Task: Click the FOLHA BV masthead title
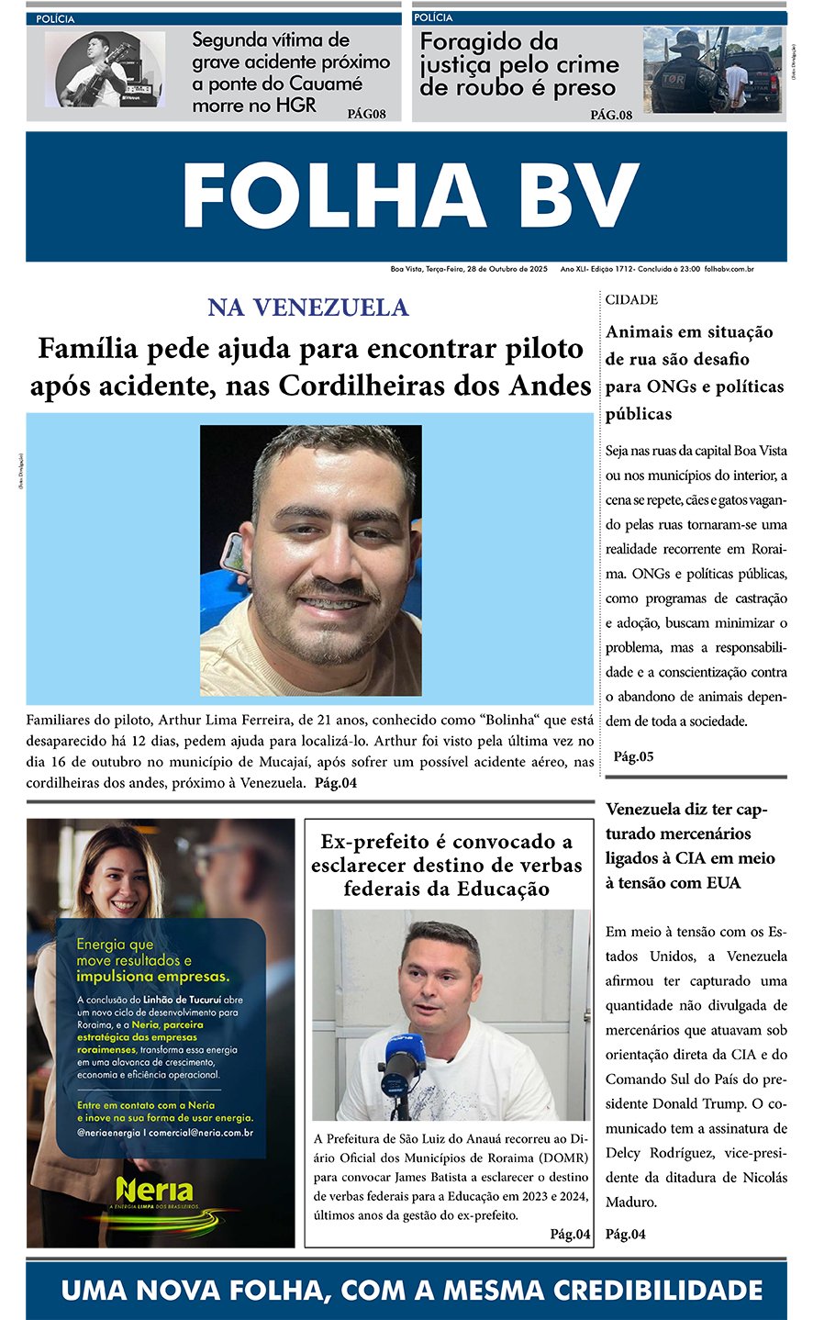coord(410,196)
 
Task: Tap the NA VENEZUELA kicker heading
coord(308,308)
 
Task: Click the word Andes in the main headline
coord(548,386)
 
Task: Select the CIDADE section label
coord(631,300)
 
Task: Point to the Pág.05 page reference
coord(633,756)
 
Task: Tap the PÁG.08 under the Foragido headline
coord(611,115)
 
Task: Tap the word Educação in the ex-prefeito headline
coord(511,889)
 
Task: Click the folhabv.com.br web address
coord(729,269)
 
